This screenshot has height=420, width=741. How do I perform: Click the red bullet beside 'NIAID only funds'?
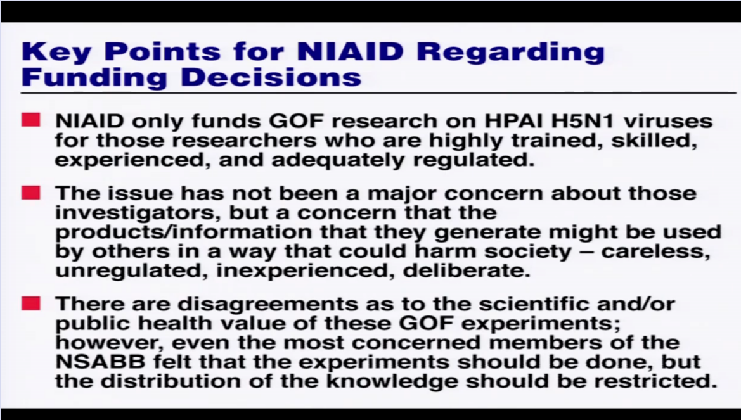pos(30,120)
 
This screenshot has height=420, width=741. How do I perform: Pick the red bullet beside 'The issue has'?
pos(30,193)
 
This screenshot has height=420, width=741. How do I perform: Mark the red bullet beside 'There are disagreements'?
pos(30,303)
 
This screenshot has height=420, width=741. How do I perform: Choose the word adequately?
pos(338,160)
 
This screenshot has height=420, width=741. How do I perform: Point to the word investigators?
pos(138,213)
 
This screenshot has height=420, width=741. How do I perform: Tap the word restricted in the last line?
pos(655,381)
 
